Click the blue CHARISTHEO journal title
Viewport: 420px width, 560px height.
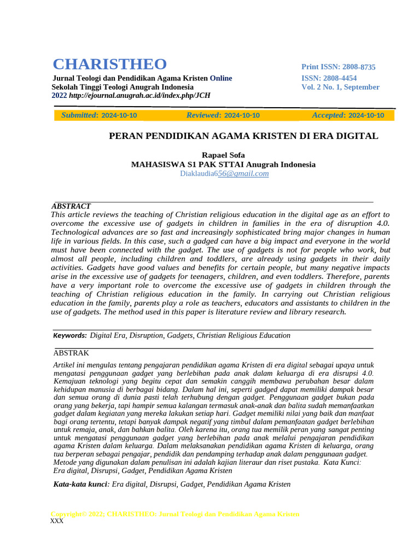click(109, 64)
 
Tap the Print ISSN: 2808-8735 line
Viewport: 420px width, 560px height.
click(339, 67)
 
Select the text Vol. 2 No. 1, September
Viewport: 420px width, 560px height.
click(340, 87)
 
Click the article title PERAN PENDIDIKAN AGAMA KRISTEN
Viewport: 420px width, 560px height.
click(244, 136)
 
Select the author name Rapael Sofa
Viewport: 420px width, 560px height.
click(223, 155)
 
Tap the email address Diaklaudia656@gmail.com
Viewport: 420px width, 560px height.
click(224, 173)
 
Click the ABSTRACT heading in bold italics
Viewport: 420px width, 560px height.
click(71, 206)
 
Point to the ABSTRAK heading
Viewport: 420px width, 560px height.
click(71, 353)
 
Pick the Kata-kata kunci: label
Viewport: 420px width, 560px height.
click(81, 484)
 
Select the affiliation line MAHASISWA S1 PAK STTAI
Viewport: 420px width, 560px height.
click(223, 164)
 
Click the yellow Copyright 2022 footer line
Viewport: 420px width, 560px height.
click(175, 514)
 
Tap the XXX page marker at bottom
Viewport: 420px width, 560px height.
click(57, 521)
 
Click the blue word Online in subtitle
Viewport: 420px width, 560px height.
click(221, 78)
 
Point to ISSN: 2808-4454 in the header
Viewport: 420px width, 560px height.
click(329, 78)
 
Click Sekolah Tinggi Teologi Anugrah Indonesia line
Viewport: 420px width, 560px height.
click(122, 87)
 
